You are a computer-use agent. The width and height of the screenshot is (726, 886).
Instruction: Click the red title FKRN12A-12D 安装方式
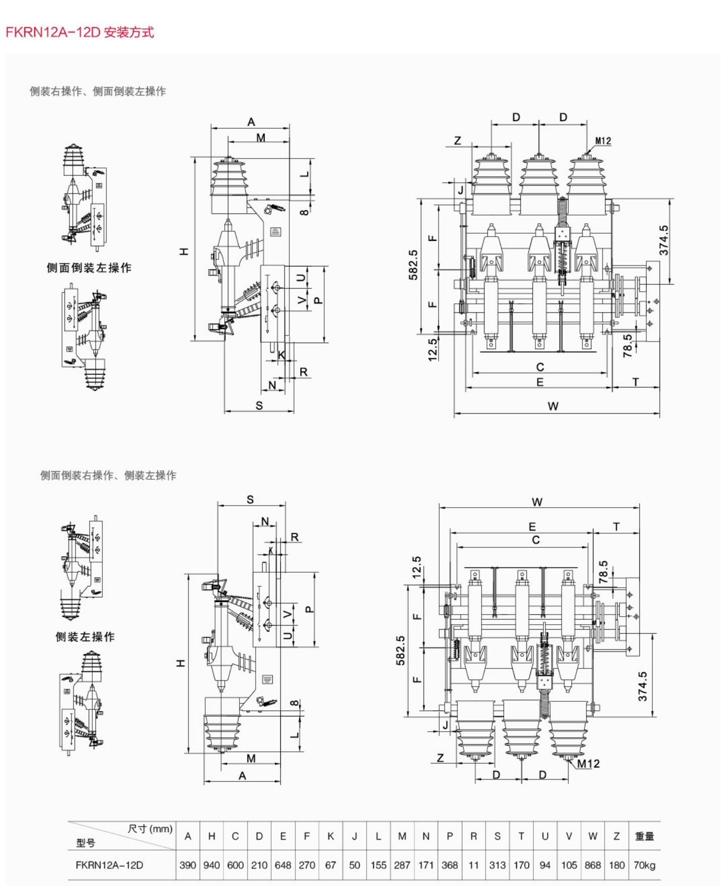click(x=80, y=32)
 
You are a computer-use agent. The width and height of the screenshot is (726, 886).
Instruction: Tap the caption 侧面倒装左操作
click(x=89, y=268)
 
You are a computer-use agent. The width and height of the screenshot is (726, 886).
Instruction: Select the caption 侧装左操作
click(x=85, y=637)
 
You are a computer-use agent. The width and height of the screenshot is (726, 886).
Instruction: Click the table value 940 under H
click(x=211, y=865)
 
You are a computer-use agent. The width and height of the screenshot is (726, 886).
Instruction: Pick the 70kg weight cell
click(x=644, y=865)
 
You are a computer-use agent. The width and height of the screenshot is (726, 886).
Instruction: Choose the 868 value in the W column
click(x=592, y=865)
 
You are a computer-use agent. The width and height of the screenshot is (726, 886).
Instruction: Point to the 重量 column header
click(x=644, y=836)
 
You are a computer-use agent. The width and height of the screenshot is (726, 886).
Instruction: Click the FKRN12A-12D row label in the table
click(x=109, y=865)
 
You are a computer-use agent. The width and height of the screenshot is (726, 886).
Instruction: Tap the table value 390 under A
click(x=188, y=865)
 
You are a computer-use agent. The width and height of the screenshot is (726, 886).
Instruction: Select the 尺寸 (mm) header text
click(x=150, y=829)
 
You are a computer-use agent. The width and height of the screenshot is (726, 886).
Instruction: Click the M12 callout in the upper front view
click(x=603, y=141)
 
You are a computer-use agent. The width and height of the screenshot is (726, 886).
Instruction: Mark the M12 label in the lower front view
click(x=588, y=764)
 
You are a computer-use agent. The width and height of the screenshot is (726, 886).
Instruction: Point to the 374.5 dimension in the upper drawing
click(x=663, y=240)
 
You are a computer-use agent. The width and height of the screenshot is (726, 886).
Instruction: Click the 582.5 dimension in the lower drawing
click(x=400, y=650)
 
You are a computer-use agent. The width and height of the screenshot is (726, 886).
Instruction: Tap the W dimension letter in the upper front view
click(x=553, y=406)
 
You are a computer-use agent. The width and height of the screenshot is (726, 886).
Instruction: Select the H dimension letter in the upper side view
click(x=185, y=251)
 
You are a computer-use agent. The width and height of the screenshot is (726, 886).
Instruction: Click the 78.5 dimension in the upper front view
click(x=628, y=346)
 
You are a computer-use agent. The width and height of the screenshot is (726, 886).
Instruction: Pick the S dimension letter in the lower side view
click(x=251, y=500)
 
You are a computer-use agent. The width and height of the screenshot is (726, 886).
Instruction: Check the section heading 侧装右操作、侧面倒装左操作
click(x=98, y=91)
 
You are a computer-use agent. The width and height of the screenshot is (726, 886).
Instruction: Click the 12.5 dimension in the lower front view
click(x=416, y=567)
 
